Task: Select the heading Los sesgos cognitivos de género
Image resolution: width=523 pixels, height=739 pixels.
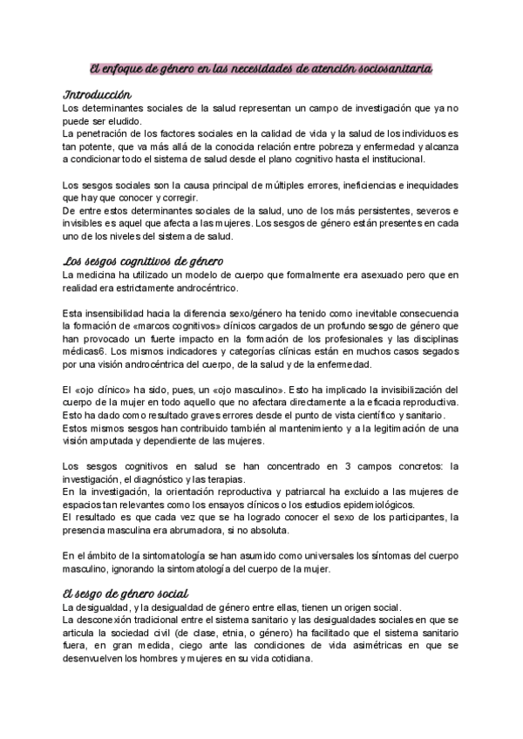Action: [x=145, y=261]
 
